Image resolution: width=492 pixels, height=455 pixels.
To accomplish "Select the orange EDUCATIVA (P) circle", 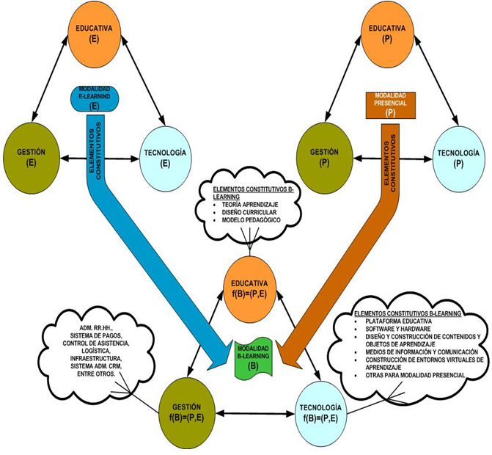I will click(389, 33).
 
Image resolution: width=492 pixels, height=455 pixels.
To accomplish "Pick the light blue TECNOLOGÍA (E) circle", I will click(166, 157).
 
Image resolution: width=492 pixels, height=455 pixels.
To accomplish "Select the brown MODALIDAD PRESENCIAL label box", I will click(390, 104).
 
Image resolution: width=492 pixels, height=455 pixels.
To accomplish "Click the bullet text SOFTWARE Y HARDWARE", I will click(391, 329).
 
